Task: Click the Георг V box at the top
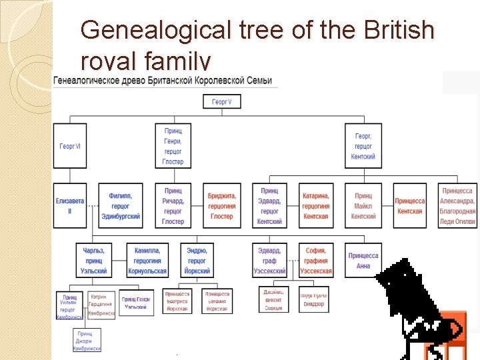tap(222, 102)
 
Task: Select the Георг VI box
tap(70, 146)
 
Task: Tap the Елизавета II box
tap(70, 205)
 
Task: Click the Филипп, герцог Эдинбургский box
tap(120, 205)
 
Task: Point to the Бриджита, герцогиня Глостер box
tap(221, 205)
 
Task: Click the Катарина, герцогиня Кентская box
tap(315, 205)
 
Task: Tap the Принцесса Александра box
tap(457, 205)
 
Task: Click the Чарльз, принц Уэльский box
tap(93, 261)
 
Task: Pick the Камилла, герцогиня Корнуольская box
tap(147, 261)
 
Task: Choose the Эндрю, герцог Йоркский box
tap(197, 261)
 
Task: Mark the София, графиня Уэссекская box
tap(315, 261)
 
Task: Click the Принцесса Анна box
tap(363, 261)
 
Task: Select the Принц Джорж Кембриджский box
tap(87, 340)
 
